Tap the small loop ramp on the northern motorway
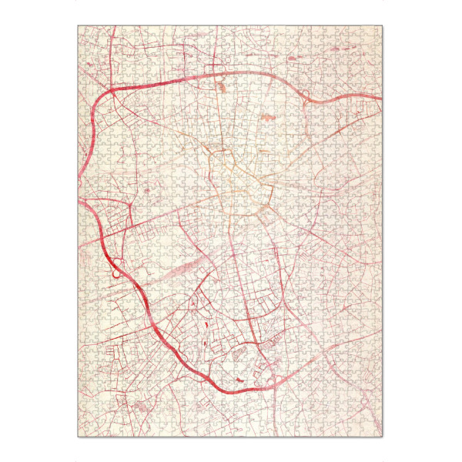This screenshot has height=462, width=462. click(x=306, y=95)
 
